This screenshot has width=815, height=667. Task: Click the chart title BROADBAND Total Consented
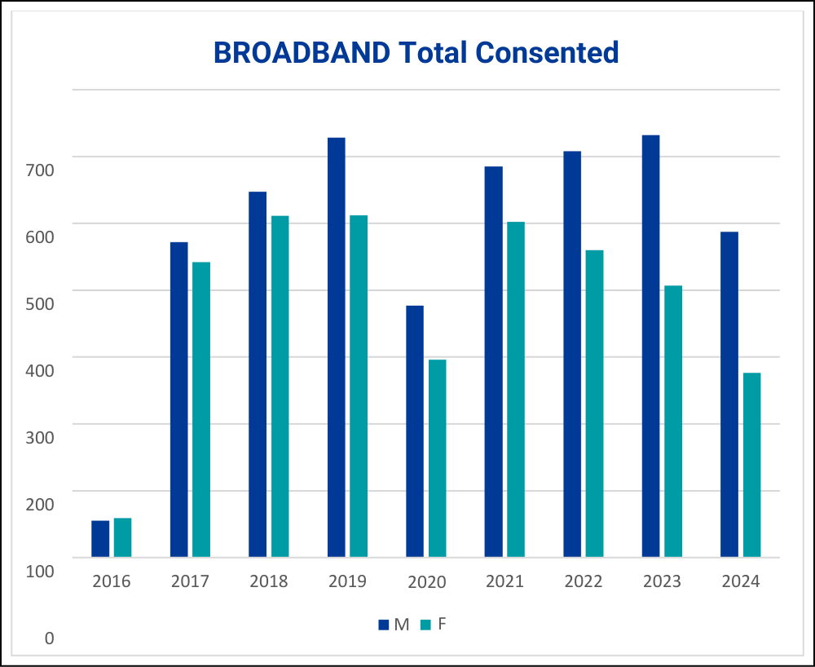click(416, 52)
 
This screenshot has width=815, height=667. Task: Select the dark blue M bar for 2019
click(336, 347)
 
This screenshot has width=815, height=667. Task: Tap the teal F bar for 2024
click(751, 465)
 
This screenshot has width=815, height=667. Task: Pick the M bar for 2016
click(100, 539)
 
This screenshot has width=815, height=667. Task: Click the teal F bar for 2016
click(122, 537)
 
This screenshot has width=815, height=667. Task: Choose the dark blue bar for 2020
click(415, 431)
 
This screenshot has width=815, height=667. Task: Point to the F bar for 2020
click(437, 458)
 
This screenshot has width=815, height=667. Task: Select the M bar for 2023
click(650, 346)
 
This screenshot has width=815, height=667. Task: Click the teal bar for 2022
click(594, 404)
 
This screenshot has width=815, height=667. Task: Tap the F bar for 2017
click(201, 409)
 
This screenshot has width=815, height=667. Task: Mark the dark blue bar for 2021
click(493, 362)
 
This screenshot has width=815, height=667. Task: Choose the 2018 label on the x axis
click(269, 581)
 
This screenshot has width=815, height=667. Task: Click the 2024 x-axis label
click(740, 581)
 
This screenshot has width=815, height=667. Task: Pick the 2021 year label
click(504, 581)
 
